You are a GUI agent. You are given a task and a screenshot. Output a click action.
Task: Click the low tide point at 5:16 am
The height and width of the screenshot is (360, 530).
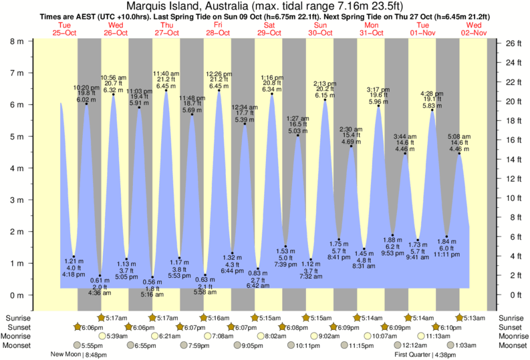tap(152, 277)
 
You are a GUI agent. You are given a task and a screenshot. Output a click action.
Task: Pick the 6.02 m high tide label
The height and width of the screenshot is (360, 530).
tap(86, 100)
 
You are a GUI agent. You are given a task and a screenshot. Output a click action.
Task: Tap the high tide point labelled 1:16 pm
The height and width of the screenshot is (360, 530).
tap(271, 94)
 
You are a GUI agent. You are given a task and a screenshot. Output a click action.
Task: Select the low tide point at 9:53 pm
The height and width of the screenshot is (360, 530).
tap(392, 236)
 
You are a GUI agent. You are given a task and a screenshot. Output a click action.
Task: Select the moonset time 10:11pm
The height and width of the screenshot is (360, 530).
tap(305, 345)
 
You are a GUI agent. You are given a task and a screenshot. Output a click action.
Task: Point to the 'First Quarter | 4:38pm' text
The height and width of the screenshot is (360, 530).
tap(424, 355)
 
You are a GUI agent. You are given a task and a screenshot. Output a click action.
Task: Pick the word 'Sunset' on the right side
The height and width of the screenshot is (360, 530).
tap(511, 327)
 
